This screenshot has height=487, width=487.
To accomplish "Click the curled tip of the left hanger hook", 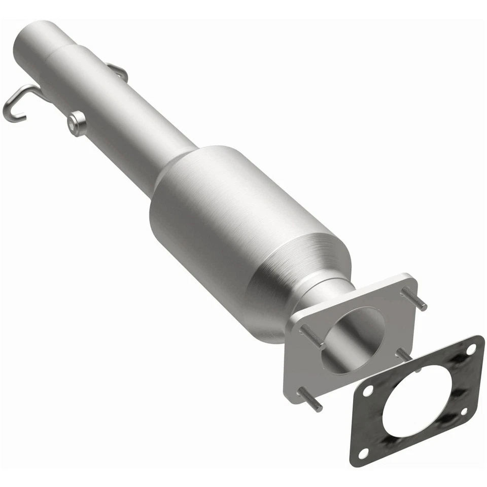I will [x=11, y=116].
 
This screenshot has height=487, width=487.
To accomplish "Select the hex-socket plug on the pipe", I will [x=77, y=123].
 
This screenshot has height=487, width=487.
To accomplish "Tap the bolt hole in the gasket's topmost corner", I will [x=471, y=350].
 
